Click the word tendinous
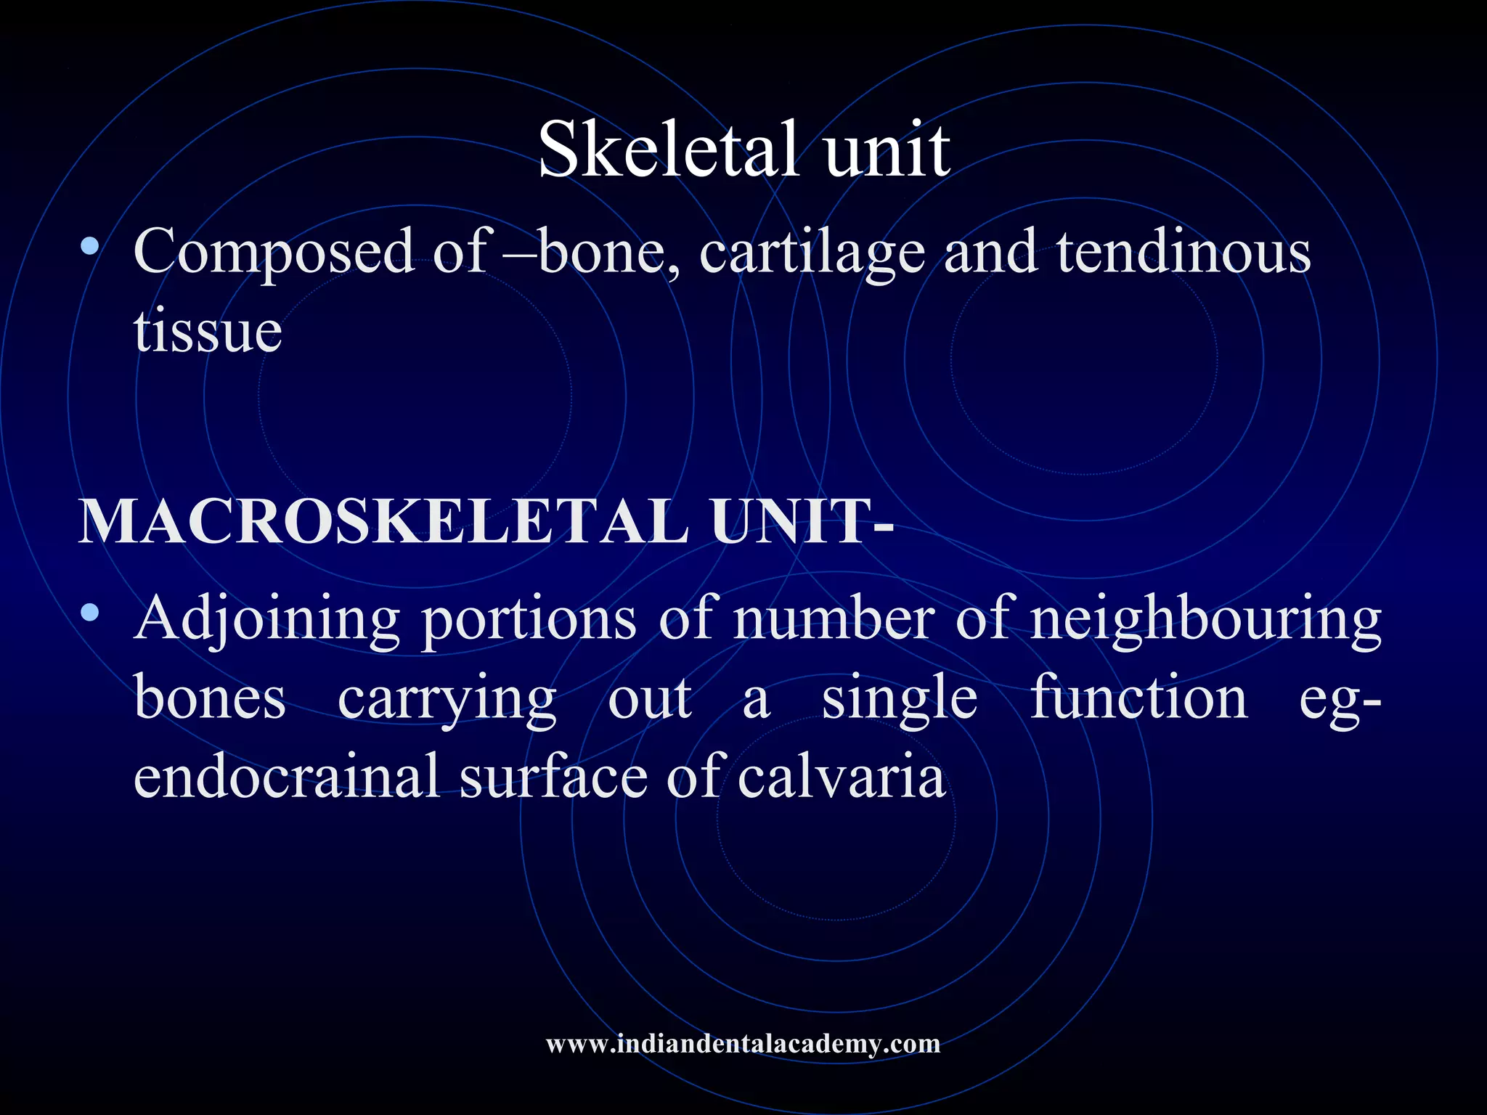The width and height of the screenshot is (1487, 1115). [x=1183, y=251]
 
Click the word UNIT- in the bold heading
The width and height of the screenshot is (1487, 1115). [x=802, y=521]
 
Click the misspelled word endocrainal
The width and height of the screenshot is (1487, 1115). [x=287, y=775]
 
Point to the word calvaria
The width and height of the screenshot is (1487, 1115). [x=842, y=775]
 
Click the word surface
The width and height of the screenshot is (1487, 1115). [x=553, y=775]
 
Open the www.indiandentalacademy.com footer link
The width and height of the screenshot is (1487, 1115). [x=743, y=1044]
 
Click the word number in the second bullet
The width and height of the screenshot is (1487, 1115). [x=834, y=619]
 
